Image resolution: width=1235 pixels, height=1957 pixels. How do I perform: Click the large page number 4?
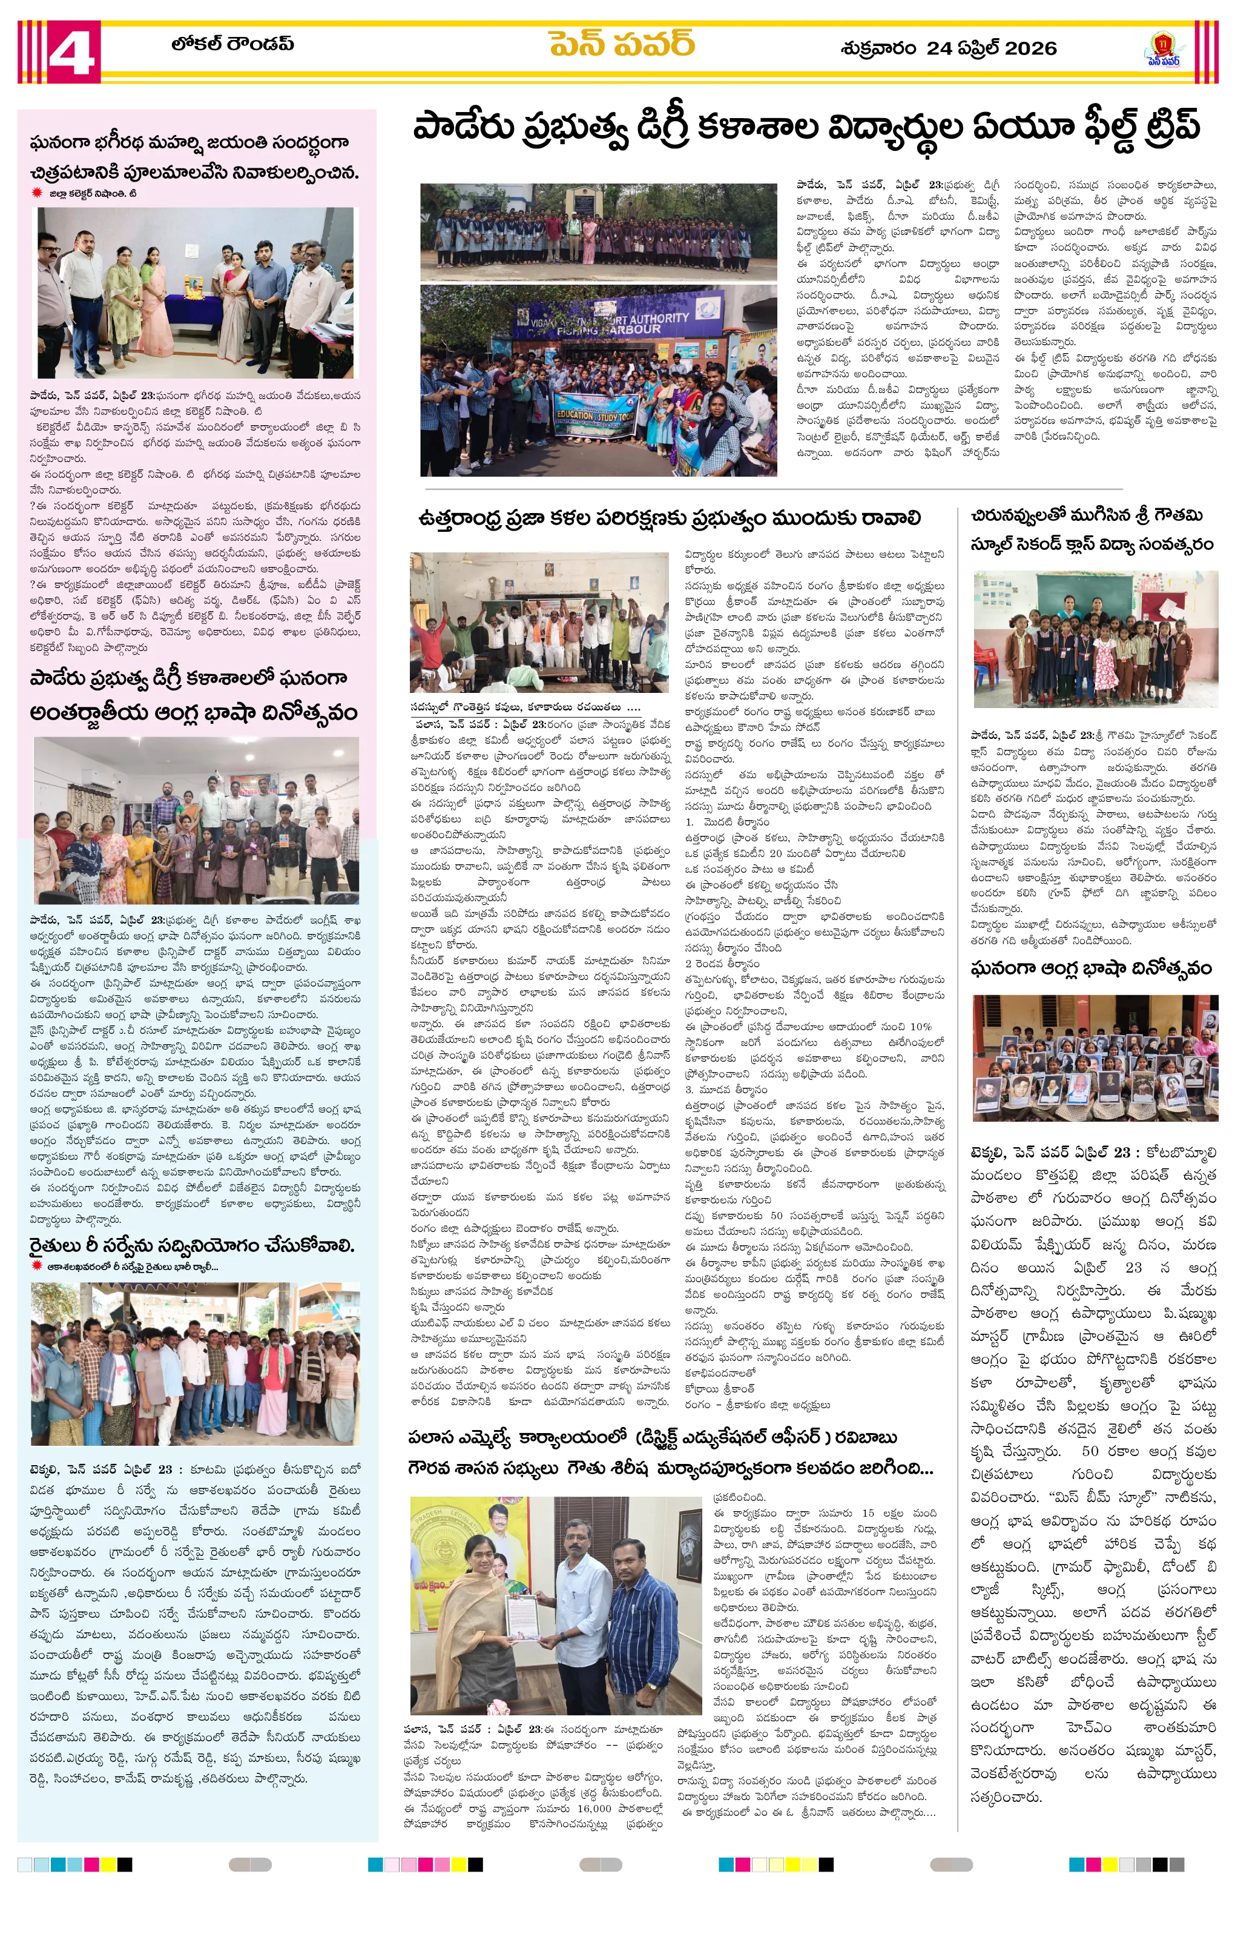(x=72, y=52)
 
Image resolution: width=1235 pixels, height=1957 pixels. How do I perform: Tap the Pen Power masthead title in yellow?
(x=622, y=43)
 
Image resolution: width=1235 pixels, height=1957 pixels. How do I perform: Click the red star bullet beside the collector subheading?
(x=36, y=193)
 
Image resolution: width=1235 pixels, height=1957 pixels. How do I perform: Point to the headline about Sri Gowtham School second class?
(x=1093, y=530)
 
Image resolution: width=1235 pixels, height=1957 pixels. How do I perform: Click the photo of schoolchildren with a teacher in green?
(x=1095, y=639)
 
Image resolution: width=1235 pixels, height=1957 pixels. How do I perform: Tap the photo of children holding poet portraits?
(x=1095, y=1056)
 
